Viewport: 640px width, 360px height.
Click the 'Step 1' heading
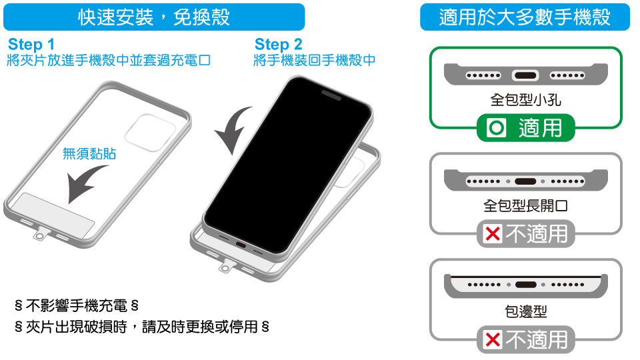[x=31, y=44]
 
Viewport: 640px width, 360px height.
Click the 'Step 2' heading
[x=279, y=44]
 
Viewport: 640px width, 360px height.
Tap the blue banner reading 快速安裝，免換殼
[x=154, y=17]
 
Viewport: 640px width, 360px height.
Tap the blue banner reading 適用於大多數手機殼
[x=525, y=17]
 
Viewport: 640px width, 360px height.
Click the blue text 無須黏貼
[x=89, y=153]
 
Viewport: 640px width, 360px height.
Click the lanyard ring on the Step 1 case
[x=40, y=236]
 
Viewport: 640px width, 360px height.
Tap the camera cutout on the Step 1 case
[x=150, y=133]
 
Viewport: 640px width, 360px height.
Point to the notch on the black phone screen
[x=331, y=95]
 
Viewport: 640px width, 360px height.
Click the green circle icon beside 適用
[x=497, y=128]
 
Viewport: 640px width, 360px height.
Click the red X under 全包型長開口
[x=493, y=234]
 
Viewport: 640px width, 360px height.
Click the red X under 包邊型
[x=493, y=339]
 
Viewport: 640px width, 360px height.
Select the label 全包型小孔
[x=526, y=99]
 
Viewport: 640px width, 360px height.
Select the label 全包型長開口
[x=526, y=206]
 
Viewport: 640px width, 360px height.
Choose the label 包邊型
[x=526, y=311]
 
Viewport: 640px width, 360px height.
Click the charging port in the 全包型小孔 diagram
[x=525, y=75]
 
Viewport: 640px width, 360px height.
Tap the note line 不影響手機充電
[x=77, y=305]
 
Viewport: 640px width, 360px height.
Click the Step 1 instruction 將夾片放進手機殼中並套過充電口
[x=109, y=61]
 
